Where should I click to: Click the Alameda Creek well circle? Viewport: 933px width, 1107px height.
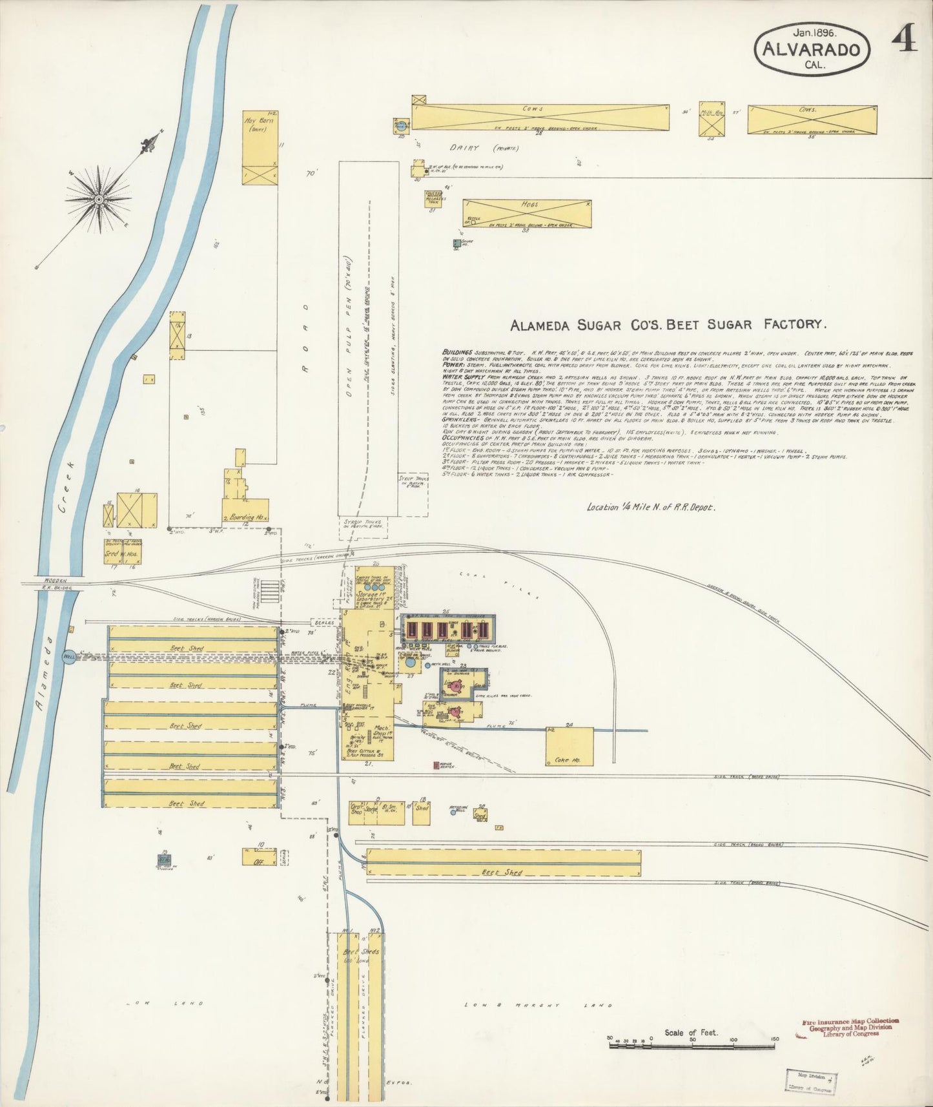[69, 657]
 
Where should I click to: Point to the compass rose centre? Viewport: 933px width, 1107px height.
[98, 199]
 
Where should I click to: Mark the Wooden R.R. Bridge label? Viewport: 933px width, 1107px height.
[52, 585]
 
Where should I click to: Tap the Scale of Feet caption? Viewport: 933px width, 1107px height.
[691, 1032]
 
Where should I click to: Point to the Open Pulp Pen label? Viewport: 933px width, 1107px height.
[349, 348]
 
